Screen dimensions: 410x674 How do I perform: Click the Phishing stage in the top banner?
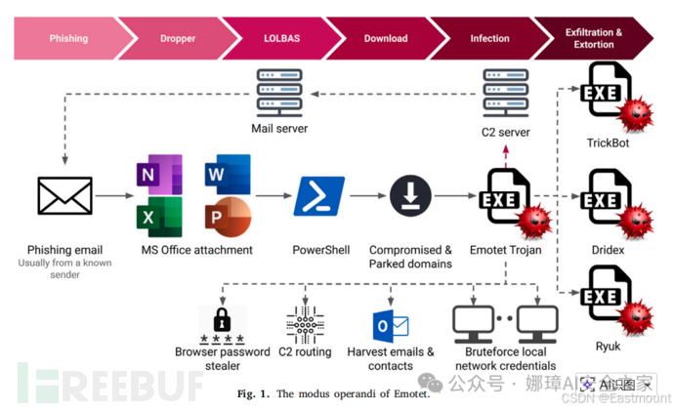[68, 38]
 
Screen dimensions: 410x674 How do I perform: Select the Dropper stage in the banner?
[177, 38]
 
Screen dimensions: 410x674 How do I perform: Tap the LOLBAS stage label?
[283, 38]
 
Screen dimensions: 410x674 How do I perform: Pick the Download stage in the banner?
[386, 38]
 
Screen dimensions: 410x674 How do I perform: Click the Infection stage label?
[489, 38]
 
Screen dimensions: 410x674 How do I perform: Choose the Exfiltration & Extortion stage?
[594, 38]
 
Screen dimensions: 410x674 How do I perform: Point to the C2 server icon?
[506, 95]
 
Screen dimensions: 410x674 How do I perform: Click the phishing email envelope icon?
[64, 196]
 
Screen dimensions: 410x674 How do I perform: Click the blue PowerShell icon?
[319, 196]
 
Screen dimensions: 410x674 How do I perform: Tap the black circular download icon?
[410, 196]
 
